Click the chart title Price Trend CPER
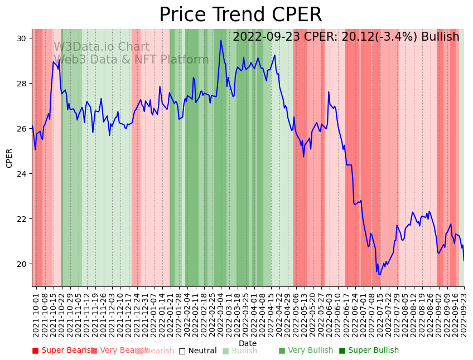[240, 15]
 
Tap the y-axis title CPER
[9, 158]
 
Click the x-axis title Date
[248, 343]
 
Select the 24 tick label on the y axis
[21, 174]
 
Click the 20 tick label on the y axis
[21, 264]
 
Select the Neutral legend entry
[197, 351]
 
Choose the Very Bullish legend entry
[306, 351]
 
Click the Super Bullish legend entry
[369, 351]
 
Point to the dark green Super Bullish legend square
[342, 351]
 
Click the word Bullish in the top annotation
[440, 37]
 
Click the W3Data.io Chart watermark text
[101, 47]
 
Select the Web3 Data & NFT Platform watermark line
[131, 60]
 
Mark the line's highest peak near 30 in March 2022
[221, 40]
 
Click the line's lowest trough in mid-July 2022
[379, 274]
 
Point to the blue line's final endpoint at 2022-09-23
[464, 261]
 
